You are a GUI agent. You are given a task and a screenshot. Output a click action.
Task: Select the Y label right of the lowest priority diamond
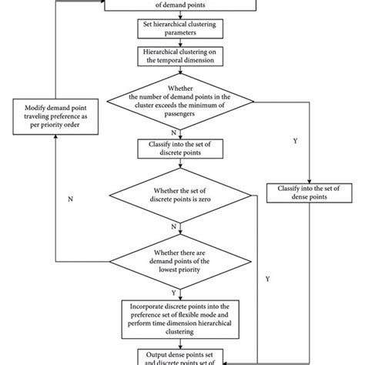tap(266, 277)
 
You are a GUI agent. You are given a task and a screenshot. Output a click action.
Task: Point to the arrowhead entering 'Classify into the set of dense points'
tap(307, 179)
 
